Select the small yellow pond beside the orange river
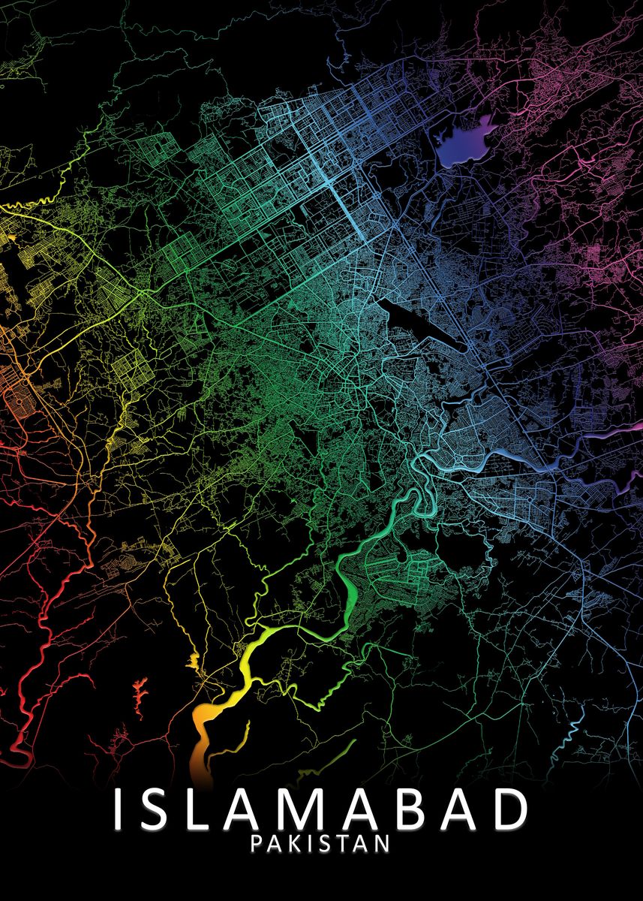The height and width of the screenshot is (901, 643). coord(194,661)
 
